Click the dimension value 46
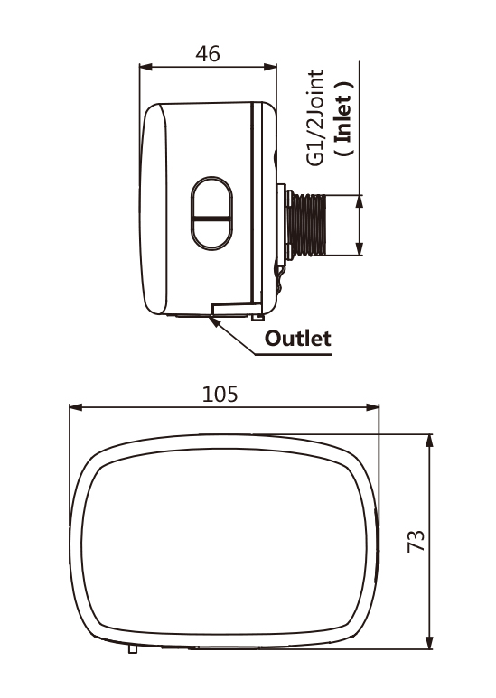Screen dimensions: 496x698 pos(208,54)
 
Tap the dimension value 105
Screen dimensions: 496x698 pos(220,395)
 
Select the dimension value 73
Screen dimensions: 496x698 pos(416,541)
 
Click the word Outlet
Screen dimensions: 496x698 pos(298,339)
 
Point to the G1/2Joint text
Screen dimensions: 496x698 pos(315,118)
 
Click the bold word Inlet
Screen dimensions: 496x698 pos(343,118)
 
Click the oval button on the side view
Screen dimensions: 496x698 pos(211,213)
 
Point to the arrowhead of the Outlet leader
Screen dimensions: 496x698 pos(214,321)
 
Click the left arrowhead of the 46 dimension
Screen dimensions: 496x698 pos(146,67)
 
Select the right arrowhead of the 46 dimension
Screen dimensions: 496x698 pos(270,67)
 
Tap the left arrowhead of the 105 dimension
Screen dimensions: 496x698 pos(76,407)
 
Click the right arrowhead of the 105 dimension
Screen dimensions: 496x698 pos(372,407)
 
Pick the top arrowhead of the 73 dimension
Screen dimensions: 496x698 pos(429,441)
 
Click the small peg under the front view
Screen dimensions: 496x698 pos(133,648)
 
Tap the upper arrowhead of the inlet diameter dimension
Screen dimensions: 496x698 pos(360,201)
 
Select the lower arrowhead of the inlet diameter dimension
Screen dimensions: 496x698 pos(360,248)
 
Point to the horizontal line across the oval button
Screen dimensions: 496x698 pos(211,219)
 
